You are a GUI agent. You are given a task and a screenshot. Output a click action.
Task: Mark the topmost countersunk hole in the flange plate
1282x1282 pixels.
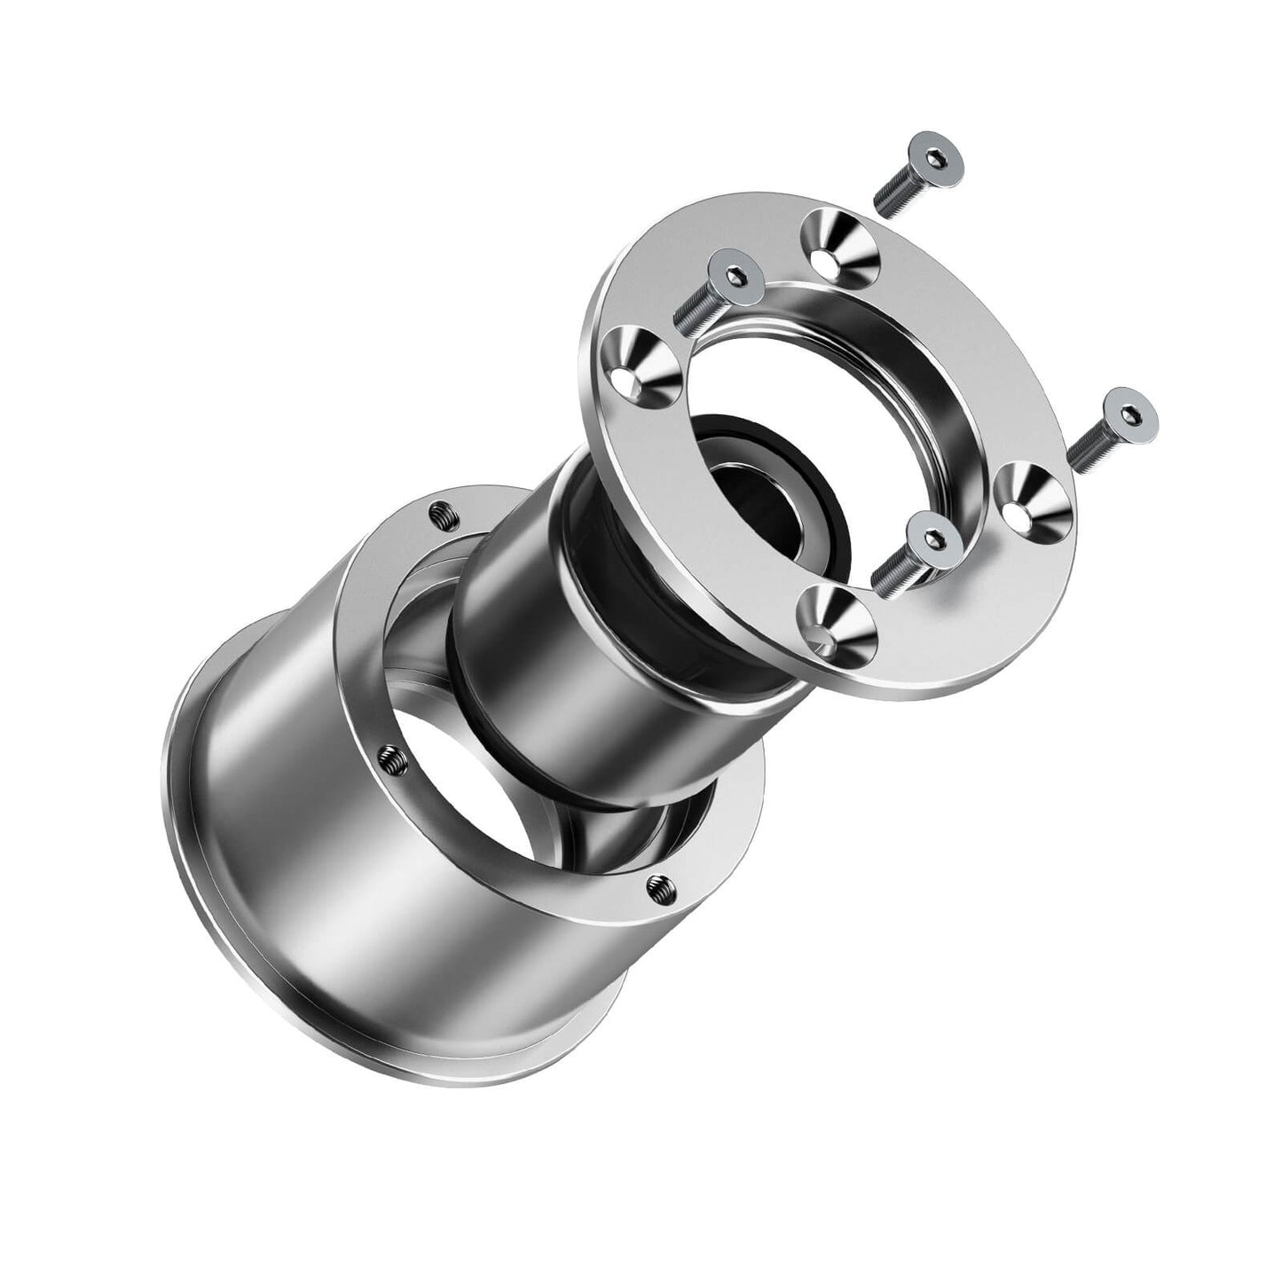838,245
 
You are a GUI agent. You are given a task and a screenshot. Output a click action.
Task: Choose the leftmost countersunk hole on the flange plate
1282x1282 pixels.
639,365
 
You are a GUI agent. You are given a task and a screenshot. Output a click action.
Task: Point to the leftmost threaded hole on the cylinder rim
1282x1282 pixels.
390,755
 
